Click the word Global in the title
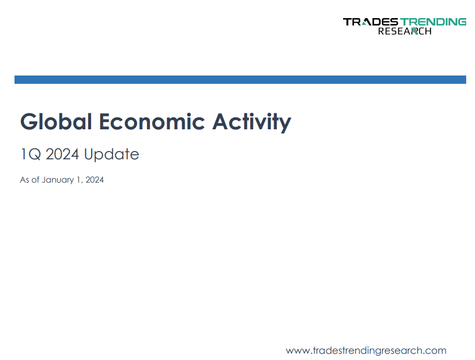(x=56, y=122)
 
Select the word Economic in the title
(x=152, y=122)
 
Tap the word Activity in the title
(x=252, y=122)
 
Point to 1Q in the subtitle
(x=31, y=154)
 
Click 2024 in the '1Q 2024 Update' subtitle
(x=63, y=154)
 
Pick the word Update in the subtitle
(x=111, y=155)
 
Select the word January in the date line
(x=58, y=180)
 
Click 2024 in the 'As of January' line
(x=95, y=179)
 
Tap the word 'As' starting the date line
(x=24, y=179)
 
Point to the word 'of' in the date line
(x=35, y=179)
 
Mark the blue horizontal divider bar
(x=240, y=80)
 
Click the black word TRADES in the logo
(x=370, y=22)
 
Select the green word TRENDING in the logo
(x=433, y=22)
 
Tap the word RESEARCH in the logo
(x=405, y=31)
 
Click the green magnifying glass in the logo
(x=414, y=31)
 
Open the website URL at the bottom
(x=366, y=351)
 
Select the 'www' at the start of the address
(x=298, y=352)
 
